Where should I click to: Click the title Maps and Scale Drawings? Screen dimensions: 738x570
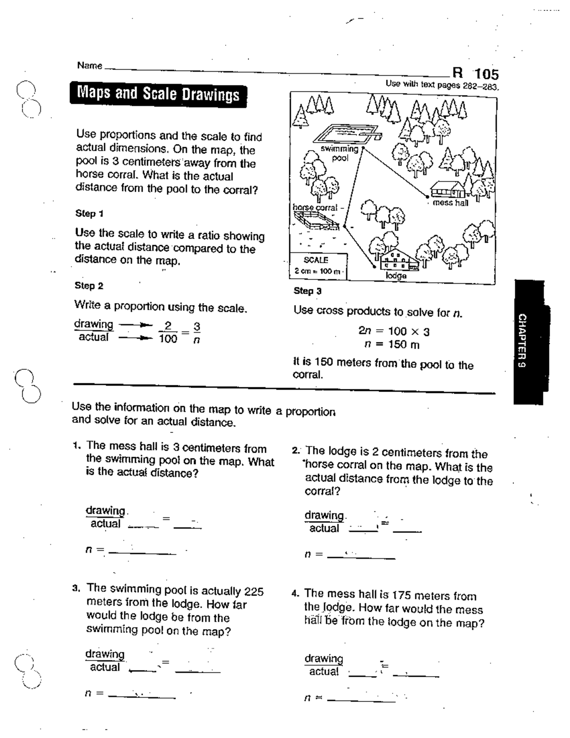pyautogui.click(x=158, y=95)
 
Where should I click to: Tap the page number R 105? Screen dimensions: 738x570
pyautogui.click(x=475, y=74)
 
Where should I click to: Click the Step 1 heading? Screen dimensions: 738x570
pyautogui.click(x=89, y=213)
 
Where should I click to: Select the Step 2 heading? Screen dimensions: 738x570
pyautogui.click(x=89, y=286)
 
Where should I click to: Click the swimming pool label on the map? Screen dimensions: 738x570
pyautogui.click(x=340, y=153)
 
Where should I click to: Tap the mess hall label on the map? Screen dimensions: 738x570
pyautogui.click(x=450, y=203)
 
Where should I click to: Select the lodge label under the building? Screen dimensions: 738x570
pyautogui.click(x=396, y=276)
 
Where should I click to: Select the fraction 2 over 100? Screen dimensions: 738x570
pyautogui.click(x=167, y=332)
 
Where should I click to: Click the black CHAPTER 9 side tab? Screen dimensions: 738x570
pyautogui.click(x=529, y=342)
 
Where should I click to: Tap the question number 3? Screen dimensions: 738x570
pyautogui.click(x=76, y=588)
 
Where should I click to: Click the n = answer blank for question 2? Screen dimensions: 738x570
pyautogui.click(x=361, y=555)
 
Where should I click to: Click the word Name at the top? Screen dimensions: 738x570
pyautogui.click(x=89, y=66)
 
